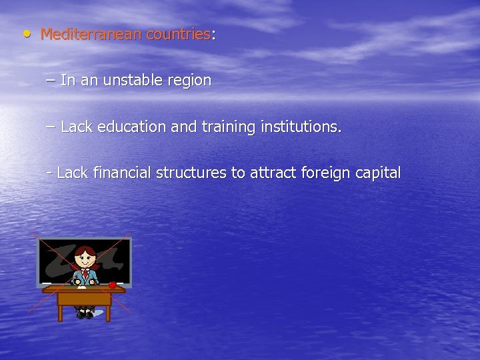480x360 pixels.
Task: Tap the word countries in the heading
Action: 178,34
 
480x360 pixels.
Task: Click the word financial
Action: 122,173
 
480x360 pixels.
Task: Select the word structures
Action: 191,173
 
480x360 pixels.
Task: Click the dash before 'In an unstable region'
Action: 51,81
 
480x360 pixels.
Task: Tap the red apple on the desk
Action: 113,285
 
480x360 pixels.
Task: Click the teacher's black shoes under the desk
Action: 85,314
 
